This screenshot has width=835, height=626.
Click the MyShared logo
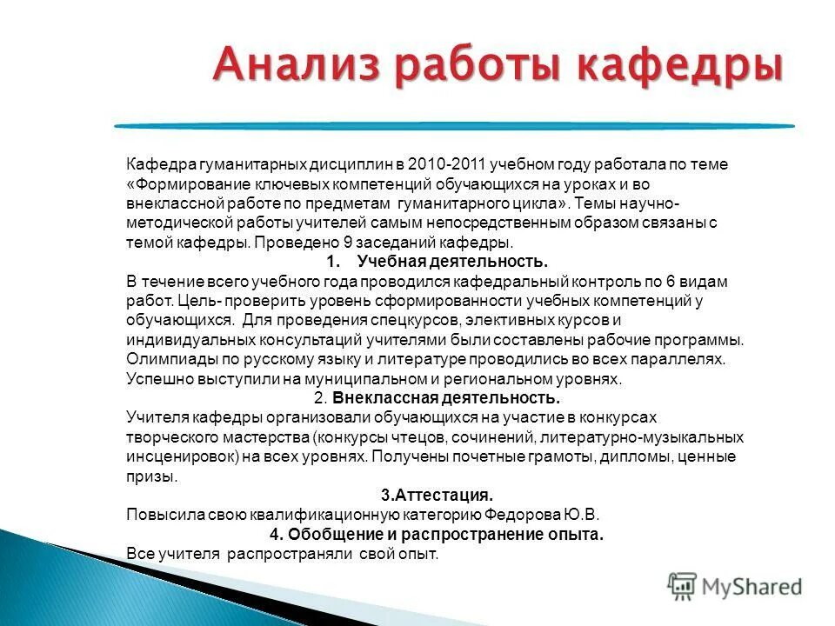coord(735,586)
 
